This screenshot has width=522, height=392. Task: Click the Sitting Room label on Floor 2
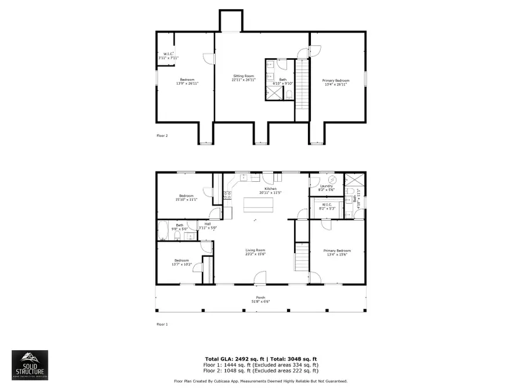244,76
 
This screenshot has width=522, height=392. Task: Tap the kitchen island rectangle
257,204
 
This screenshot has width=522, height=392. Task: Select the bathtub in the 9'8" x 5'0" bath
163,232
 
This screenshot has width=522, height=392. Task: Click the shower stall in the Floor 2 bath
271,93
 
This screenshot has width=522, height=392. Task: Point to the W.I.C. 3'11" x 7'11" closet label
168,56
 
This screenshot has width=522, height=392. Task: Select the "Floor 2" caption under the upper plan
162,135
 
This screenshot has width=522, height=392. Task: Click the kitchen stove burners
227,196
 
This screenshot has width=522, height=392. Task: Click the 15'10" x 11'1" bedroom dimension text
186,199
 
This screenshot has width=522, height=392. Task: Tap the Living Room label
255,250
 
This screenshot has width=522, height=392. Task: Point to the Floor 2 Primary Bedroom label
336,80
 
